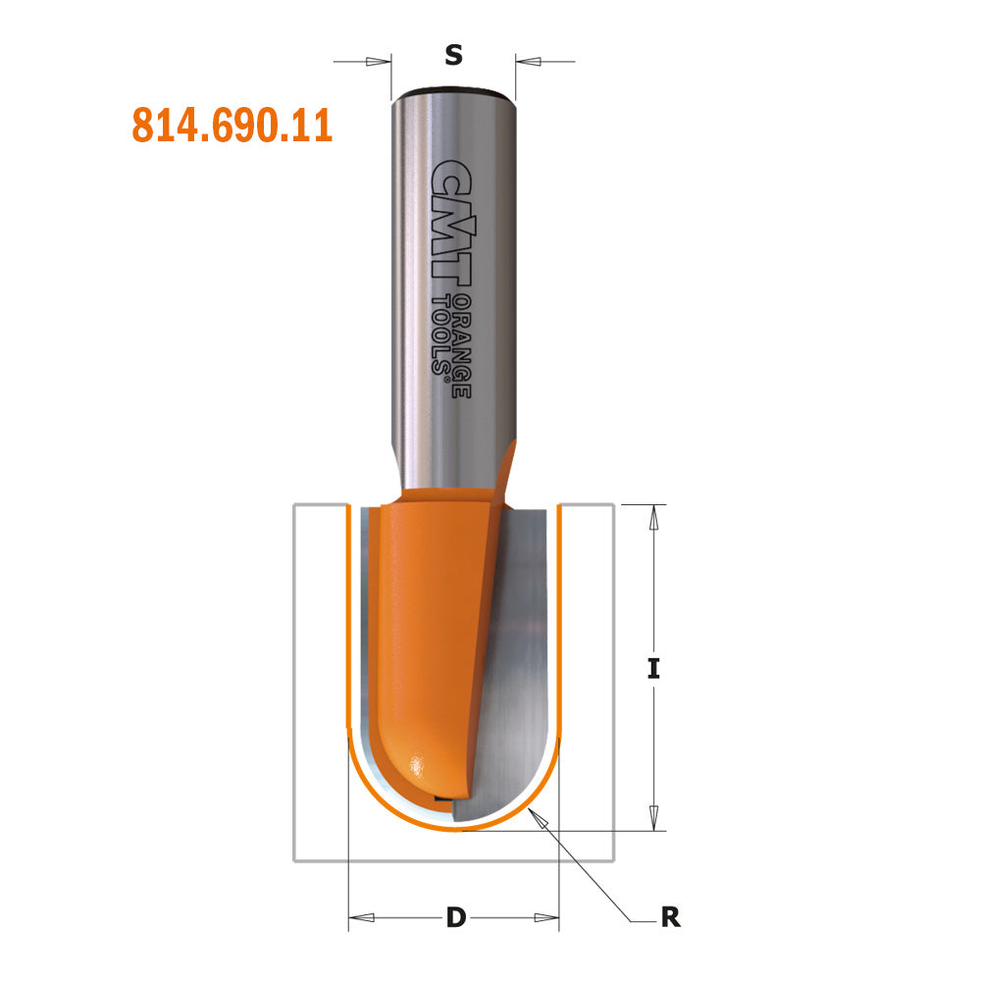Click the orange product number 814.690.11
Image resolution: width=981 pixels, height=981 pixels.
(232, 126)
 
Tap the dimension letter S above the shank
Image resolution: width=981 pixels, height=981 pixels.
(453, 56)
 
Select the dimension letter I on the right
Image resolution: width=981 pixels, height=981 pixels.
(653, 668)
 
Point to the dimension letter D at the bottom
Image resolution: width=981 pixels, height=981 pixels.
(455, 918)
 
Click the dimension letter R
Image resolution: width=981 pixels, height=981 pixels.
(670, 918)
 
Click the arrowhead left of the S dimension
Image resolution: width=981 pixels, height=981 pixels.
(379, 62)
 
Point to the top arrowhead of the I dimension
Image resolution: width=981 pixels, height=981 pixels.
(652, 519)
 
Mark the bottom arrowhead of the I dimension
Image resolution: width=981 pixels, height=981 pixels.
(652, 816)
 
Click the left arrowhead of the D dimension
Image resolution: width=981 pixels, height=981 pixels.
(362, 918)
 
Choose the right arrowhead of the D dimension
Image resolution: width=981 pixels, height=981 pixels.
(545, 918)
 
